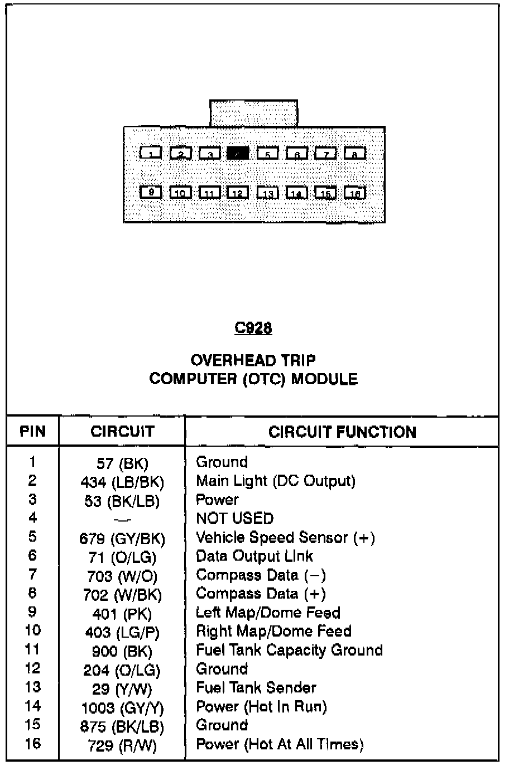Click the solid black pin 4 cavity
click(238, 153)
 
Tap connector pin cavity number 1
click(151, 153)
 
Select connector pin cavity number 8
click(355, 153)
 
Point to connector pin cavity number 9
click(151, 193)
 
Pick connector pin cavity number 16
click(355, 193)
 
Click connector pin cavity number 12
click(238, 193)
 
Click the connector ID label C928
click(253, 328)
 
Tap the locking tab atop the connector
click(253, 113)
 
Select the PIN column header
click(32, 432)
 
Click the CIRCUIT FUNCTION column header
click(342, 432)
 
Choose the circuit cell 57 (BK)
click(123, 463)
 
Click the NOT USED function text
click(234, 518)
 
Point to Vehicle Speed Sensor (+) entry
click(285, 537)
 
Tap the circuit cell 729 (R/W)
click(123, 745)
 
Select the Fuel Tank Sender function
click(256, 687)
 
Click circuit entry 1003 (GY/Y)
click(123, 708)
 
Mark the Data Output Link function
click(254, 556)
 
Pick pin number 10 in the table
click(32, 630)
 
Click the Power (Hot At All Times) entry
click(280, 744)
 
